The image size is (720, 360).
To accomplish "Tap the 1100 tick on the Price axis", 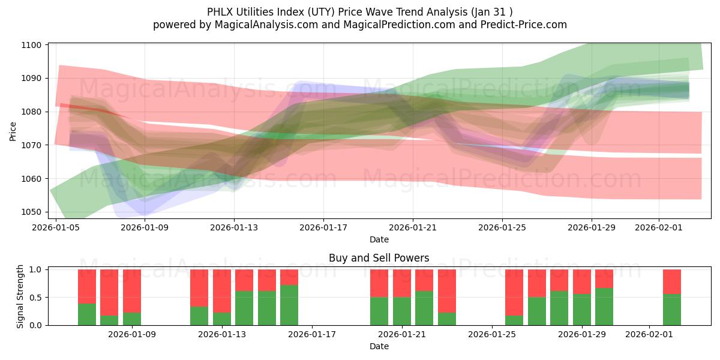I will (31, 45).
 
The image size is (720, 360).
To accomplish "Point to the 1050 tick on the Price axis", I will (31, 212).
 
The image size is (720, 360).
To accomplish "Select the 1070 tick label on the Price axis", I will (31, 145).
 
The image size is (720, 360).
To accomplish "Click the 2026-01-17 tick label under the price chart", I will (323, 227).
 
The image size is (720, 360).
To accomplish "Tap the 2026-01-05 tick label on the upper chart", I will (56, 227).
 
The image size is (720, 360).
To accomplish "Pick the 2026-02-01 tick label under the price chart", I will (659, 227).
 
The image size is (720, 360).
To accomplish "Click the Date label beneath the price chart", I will (379, 239).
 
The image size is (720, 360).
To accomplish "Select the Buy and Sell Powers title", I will (379, 259).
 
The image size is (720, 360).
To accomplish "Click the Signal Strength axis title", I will (20, 296).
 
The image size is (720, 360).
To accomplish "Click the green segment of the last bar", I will (672, 310).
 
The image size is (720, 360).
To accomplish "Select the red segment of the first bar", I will (87, 286).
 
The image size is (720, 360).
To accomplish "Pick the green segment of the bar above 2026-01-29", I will (582, 310).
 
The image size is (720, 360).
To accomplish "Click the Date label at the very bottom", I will (379, 346).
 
